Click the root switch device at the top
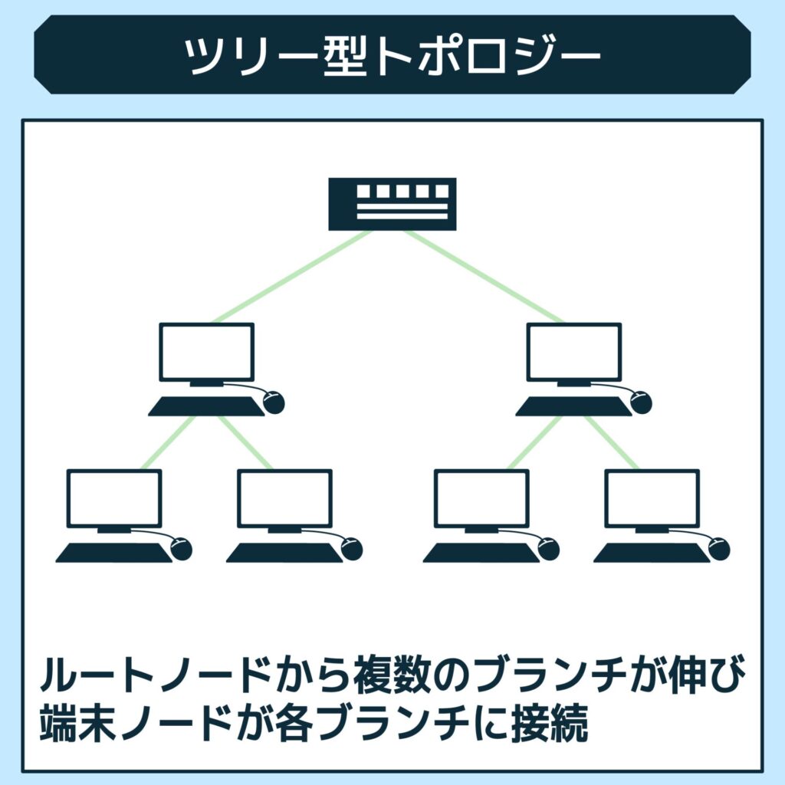pyautogui.click(x=392, y=203)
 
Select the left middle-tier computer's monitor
pyautogui.click(x=206, y=351)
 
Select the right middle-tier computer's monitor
pyautogui.click(x=574, y=351)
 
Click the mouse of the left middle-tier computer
pyautogui.click(x=274, y=401)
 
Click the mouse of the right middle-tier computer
pyautogui.click(x=641, y=401)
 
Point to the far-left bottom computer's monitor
pyautogui.click(x=114, y=498)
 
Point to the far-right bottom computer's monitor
pyautogui.click(x=652, y=498)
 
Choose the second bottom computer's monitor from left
pyautogui.click(x=284, y=498)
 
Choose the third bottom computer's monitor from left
pyautogui.click(x=481, y=498)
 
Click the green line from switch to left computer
pyautogui.click(x=291, y=276)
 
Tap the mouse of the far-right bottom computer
pyautogui.click(x=718, y=548)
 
